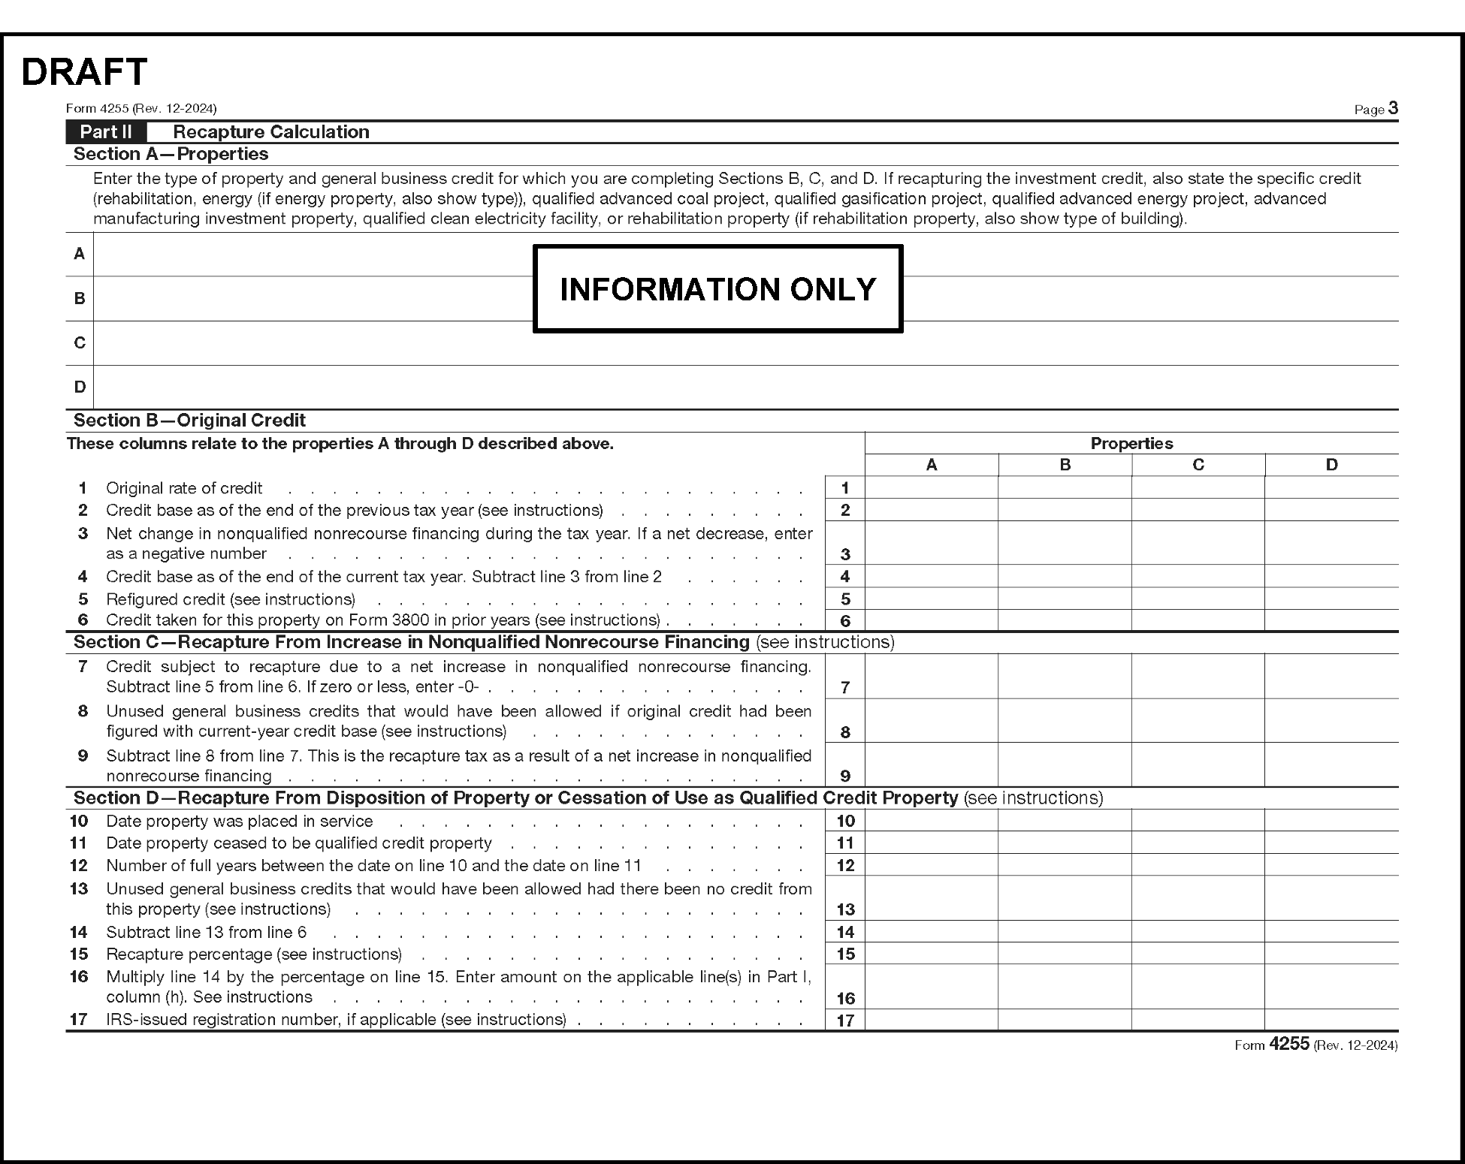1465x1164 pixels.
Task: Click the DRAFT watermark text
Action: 84,72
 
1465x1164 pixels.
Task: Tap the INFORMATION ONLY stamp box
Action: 717,289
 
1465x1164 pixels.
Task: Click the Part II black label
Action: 106,132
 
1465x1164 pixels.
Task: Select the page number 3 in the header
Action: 1393,108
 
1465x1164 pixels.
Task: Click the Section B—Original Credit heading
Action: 189,421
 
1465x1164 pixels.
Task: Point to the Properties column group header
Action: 1131,443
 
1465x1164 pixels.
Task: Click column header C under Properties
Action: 1198,465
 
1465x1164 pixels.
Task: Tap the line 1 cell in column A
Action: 932,487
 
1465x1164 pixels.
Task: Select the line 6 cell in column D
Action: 1331,620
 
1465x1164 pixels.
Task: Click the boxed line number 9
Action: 845,776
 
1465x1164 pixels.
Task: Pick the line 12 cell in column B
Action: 1065,865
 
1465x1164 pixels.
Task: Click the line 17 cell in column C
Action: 1198,1020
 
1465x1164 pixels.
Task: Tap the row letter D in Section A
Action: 80,387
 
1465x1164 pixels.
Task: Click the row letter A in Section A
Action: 80,254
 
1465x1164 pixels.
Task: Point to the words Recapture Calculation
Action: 271,132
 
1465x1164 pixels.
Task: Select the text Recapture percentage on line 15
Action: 189,954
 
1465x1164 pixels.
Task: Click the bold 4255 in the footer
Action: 1289,1044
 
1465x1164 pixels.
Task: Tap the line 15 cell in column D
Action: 1331,954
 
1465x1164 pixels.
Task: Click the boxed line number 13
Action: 845,909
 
